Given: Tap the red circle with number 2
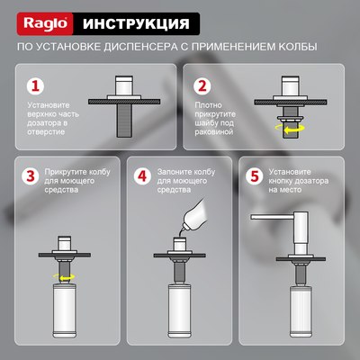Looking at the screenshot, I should coord(202,87).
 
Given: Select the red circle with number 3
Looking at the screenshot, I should coord(30,176).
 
